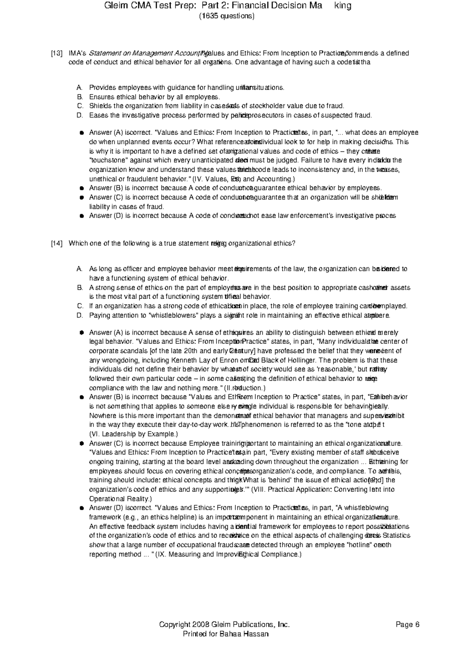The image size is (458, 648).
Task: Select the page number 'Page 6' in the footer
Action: click(408, 625)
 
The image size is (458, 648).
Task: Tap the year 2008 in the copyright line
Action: click(201, 625)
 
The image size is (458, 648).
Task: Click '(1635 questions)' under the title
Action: click(227, 16)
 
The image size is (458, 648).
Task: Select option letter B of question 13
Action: click(80, 97)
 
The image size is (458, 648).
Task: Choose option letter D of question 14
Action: click(80, 315)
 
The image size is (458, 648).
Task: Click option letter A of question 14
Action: click(80, 269)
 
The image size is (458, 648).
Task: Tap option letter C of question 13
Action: click(80, 106)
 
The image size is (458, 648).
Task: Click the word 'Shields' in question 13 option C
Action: click(100, 106)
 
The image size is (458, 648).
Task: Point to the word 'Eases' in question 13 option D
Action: click(98, 115)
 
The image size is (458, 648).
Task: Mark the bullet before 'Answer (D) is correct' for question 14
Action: click(81, 508)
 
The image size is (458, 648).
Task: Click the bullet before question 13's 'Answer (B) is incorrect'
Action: click(81, 188)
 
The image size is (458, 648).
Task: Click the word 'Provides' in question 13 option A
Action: click(102, 88)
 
